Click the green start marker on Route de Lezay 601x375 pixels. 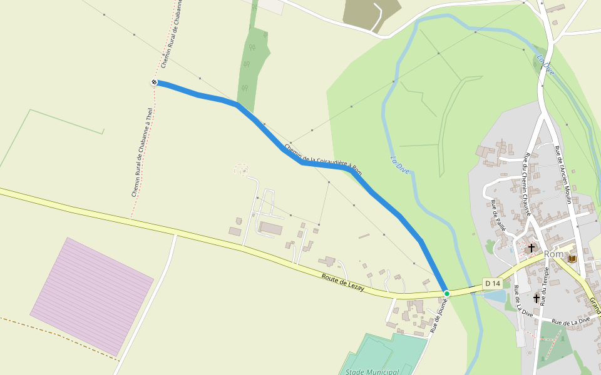tap(446, 293)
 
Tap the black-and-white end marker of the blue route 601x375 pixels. tap(154, 82)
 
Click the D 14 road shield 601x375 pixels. tap(493, 284)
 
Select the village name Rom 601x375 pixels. tap(554, 254)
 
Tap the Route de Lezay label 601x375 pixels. tap(343, 282)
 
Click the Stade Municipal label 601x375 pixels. tap(372, 372)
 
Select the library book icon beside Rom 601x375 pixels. tap(572, 257)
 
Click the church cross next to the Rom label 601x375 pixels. tap(532, 248)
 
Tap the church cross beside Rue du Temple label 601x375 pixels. tap(537, 298)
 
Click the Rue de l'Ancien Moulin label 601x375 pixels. tap(563, 174)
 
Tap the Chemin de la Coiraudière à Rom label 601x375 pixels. tap(322, 160)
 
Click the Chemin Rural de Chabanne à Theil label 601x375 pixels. tap(142, 152)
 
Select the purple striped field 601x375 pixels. tap(92, 295)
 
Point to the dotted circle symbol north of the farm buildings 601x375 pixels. tap(241, 169)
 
